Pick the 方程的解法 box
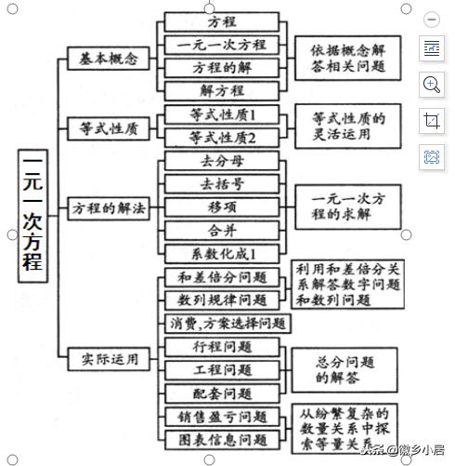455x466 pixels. pos(109,210)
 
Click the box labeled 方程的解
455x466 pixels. pos(222,68)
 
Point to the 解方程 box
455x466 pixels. pos(222,90)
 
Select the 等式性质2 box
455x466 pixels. pos(222,138)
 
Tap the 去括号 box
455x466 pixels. pos(222,182)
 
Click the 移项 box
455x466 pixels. pos(222,206)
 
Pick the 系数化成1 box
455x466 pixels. pos(222,253)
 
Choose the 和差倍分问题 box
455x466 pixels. pos(222,277)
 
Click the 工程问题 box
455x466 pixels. pos(222,370)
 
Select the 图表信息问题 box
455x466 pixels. pos(222,438)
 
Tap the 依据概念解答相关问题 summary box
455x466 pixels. pos(341,58)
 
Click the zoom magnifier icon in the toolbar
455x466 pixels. pos(432,85)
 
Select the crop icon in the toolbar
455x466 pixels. pos(432,120)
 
